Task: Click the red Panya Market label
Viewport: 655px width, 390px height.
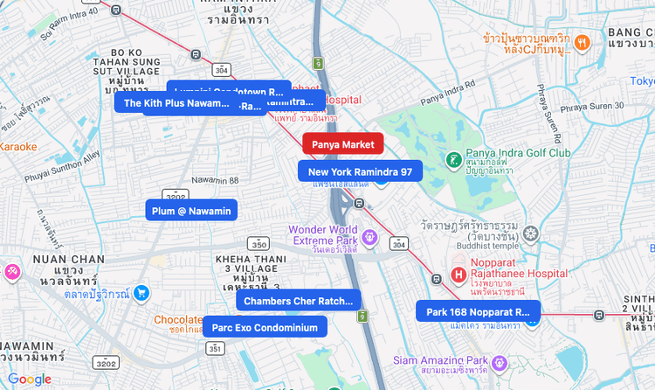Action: [x=342, y=143]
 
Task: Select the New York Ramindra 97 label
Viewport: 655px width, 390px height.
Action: [x=360, y=171]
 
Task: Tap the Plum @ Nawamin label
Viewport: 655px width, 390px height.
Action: [x=191, y=211]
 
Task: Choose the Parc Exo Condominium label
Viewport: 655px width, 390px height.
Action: [x=265, y=327]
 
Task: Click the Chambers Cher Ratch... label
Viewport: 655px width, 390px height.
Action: [x=298, y=301]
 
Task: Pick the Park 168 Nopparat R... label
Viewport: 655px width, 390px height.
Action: [x=478, y=311]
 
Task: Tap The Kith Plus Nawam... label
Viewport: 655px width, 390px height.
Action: [x=176, y=102]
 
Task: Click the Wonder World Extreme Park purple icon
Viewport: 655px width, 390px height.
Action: [x=369, y=236]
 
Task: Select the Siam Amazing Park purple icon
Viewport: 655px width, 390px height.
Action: [x=499, y=361]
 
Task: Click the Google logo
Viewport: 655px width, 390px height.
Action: [x=30, y=379]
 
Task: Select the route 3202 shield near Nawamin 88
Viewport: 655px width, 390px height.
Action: [x=176, y=196]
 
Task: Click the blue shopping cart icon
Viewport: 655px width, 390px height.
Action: [x=141, y=294]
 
